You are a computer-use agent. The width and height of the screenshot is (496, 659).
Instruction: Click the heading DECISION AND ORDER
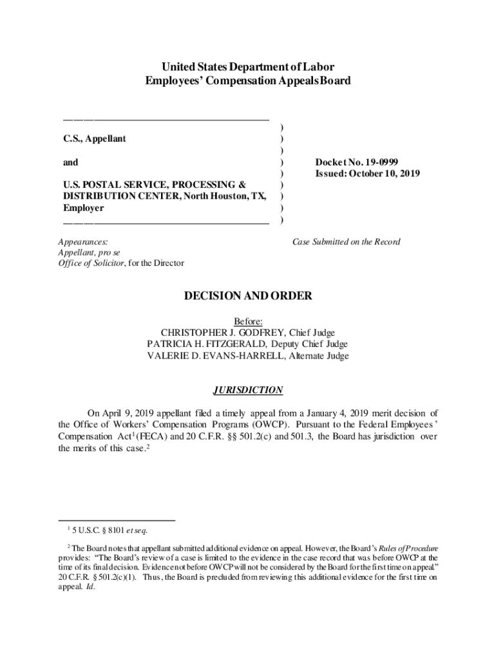click(x=248, y=296)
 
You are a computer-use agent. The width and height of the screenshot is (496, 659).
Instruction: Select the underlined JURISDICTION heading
click(x=248, y=390)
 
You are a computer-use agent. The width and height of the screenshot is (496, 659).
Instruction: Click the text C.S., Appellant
click(x=95, y=139)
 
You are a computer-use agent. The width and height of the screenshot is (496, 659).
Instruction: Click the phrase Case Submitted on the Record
click(x=347, y=242)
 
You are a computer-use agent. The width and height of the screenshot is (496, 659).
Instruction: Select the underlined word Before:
click(x=248, y=321)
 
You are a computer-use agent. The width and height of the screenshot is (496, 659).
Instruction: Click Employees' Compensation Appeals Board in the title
click(x=248, y=81)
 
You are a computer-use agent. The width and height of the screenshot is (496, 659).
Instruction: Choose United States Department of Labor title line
click(x=248, y=67)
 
